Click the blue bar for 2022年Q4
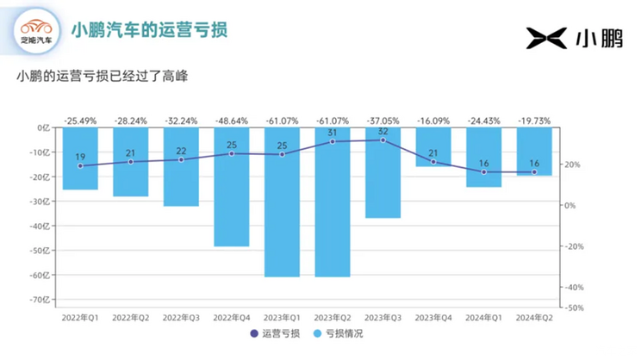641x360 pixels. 231,187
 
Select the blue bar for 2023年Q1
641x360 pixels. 282,202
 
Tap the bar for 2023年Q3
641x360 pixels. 383,172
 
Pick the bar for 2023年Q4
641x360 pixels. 433,146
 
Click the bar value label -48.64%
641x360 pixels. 231,121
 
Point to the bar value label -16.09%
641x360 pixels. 433,121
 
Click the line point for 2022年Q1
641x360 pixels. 80,165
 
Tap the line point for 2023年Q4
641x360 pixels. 433,162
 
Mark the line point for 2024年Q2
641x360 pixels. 534,172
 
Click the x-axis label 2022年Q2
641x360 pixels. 131,317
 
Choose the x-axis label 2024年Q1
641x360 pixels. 483,317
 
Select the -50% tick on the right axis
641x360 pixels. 575,307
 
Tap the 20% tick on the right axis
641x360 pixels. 573,164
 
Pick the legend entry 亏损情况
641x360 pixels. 338,333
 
